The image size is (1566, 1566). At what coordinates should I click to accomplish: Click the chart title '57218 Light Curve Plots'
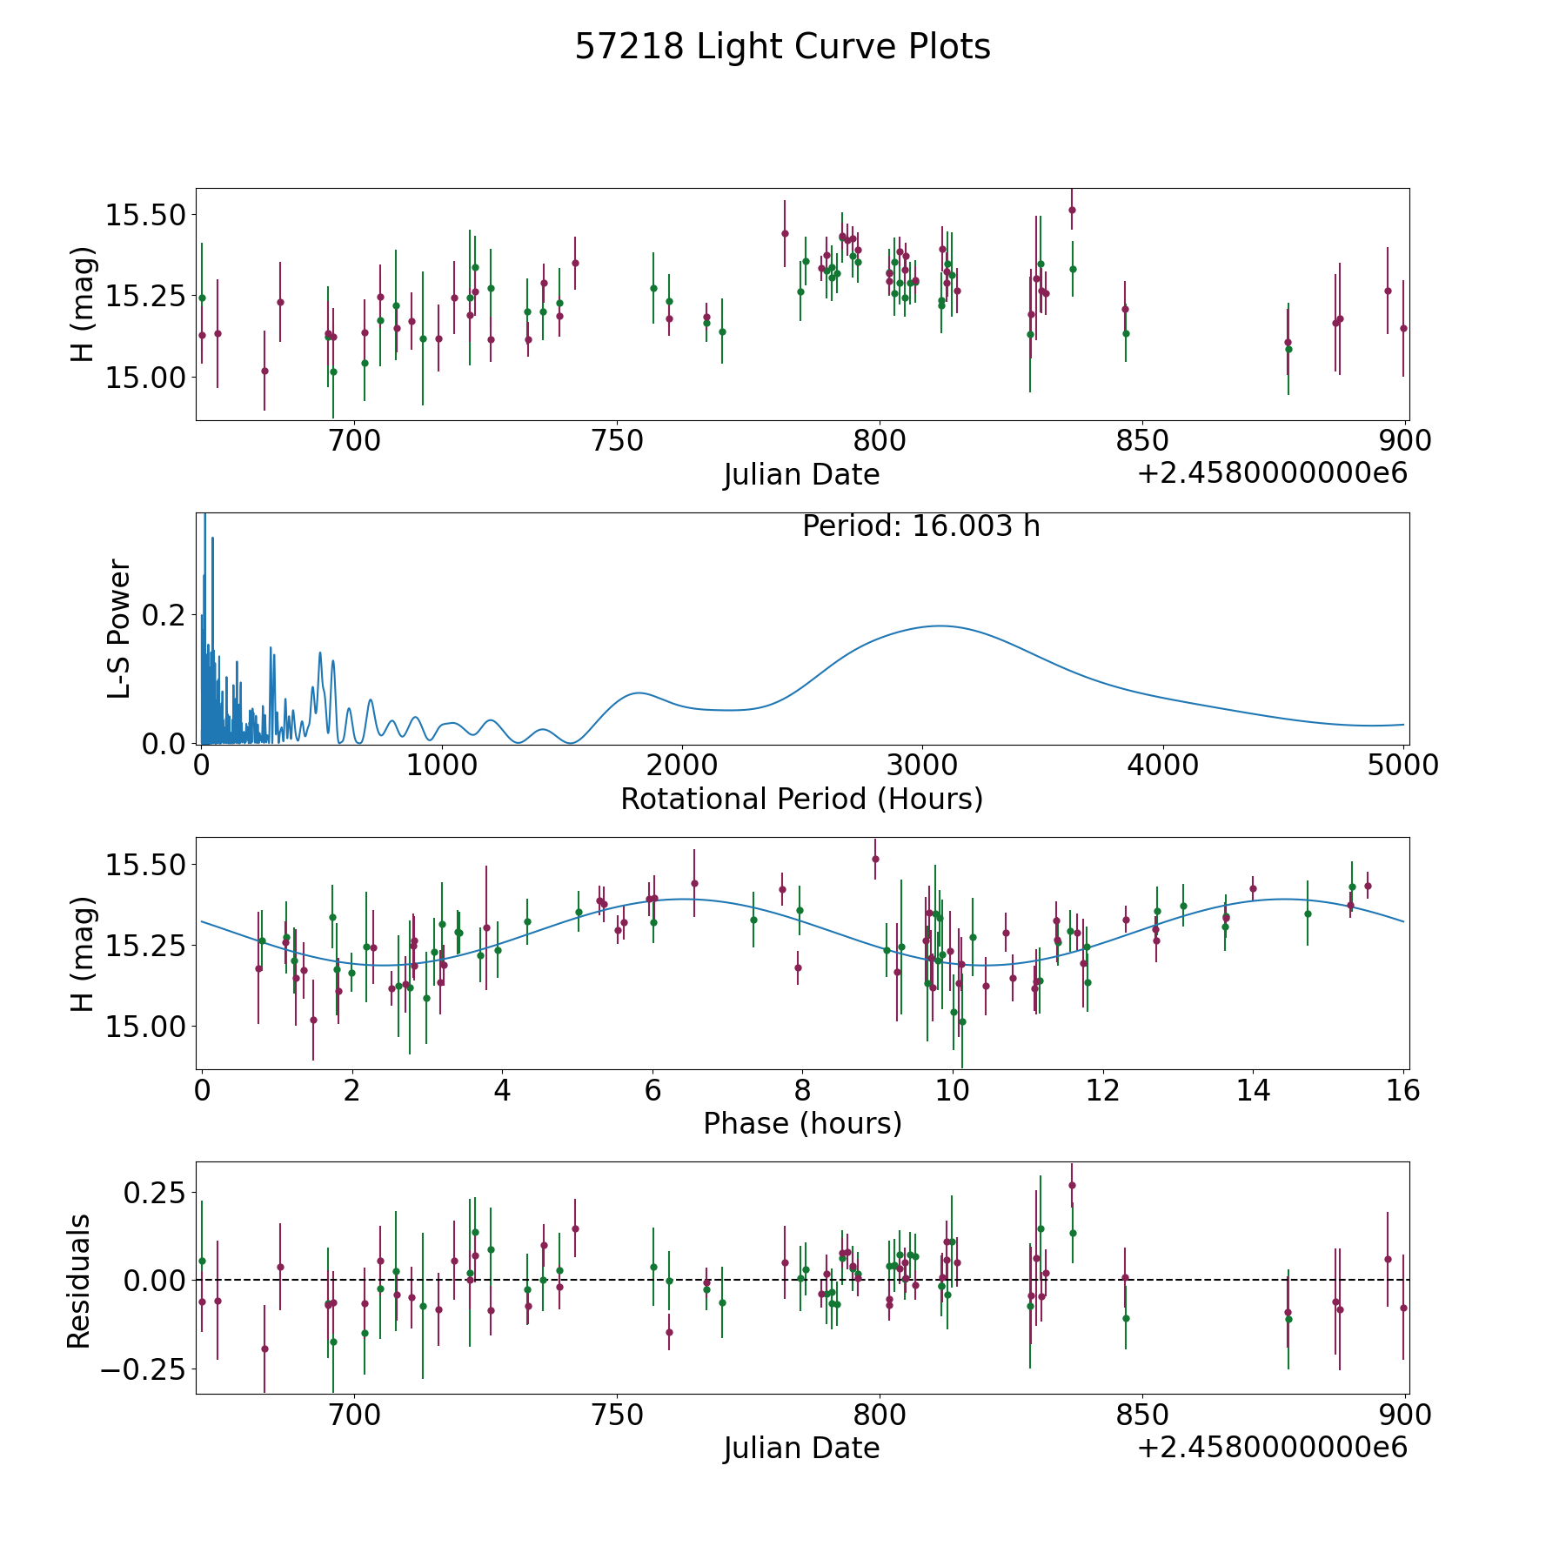[x=782, y=47]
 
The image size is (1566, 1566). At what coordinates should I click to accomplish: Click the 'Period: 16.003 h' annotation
[x=920, y=526]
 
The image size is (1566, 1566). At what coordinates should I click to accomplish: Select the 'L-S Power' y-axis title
[x=119, y=628]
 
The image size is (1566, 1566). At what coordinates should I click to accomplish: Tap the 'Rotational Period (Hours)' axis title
[x=801, y=799]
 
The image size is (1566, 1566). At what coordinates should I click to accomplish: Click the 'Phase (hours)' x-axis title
[x=802, y=1123]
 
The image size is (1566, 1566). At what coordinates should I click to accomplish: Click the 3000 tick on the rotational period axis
[x=922, y=766]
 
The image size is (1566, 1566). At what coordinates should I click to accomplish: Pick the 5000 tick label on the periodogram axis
[x=1403, y=766]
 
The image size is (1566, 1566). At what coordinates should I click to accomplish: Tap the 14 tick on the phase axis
[x=1253, y=1090]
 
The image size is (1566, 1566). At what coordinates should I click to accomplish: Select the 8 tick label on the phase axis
[x=802, y=1090]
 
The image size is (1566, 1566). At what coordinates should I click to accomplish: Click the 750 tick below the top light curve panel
[x=617, y=441]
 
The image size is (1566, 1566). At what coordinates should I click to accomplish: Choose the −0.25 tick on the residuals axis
[x=137, y=1369]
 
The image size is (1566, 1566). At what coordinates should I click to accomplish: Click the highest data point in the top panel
[x=1072, y=210]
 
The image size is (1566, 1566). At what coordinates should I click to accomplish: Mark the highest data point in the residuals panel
[x=1072, y=1185]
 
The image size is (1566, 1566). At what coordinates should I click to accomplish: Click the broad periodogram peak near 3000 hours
[x=940, y=626]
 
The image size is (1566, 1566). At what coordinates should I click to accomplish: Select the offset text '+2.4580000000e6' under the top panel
[x=1272, y=474]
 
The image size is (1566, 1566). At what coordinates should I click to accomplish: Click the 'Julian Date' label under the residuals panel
[x=801, y=1449]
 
